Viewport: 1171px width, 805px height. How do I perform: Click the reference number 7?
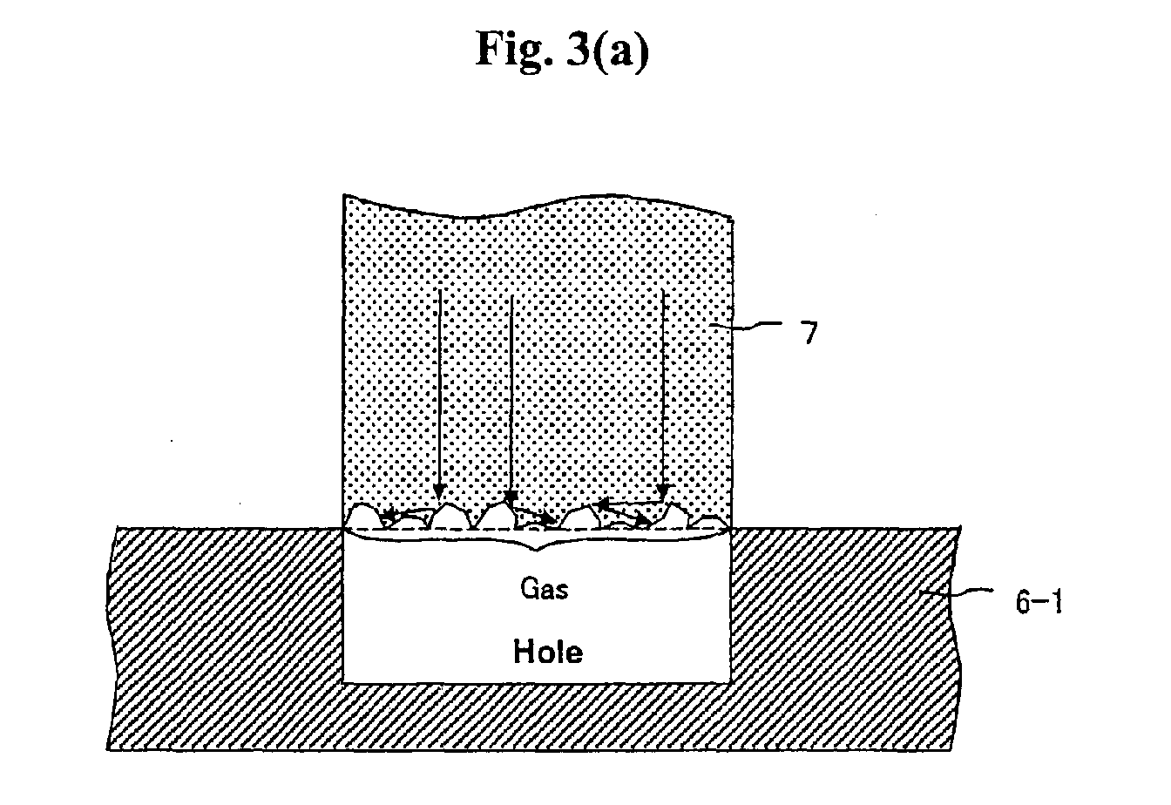(809, 333)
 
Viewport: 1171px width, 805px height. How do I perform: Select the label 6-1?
(1039, 602)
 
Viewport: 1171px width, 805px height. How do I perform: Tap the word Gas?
(545, 588)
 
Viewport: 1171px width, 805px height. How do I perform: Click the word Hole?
(548, 652)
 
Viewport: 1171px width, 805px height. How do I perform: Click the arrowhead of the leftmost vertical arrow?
(439, 492)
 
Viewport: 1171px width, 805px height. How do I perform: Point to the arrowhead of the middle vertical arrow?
(511, 497)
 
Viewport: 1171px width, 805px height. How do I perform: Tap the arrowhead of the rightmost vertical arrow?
(663, 493)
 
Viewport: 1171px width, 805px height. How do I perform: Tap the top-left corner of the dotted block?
(343, 195)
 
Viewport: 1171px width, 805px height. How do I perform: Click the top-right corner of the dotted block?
(732, 219)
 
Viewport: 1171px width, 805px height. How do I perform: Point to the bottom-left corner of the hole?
(343, 682)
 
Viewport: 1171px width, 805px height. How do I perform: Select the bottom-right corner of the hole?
(730, 682)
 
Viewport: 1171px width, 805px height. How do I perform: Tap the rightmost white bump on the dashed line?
(708, 522)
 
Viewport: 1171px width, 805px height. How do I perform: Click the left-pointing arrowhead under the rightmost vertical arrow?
(602, 504)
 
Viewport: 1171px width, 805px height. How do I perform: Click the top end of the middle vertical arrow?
(511, 296)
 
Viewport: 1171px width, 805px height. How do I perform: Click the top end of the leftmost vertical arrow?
(440, 291)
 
